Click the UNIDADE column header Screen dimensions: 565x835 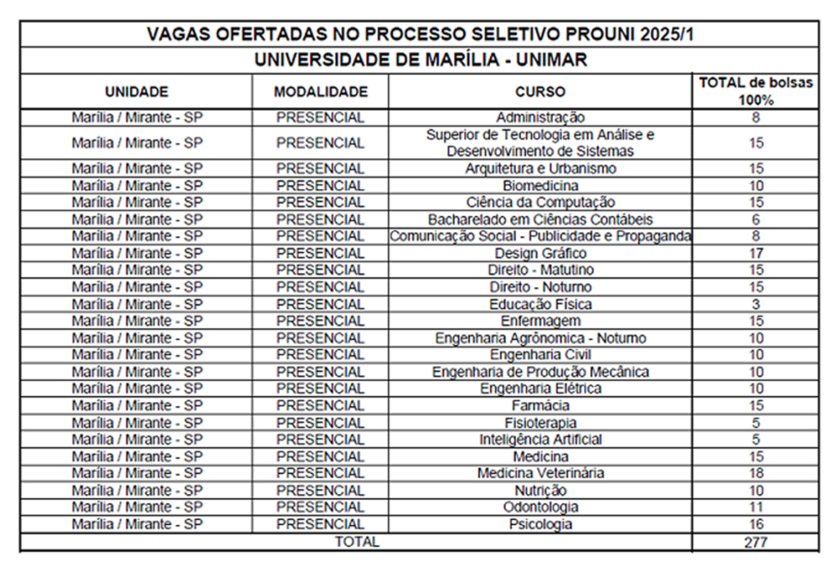(x=136, y=91)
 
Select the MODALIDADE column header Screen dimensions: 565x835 (x=320, y=91)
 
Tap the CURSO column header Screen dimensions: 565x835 (x=540, y=91)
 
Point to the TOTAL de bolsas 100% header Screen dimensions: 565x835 (x=756, y=91)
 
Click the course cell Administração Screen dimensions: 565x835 (x=540, y=117)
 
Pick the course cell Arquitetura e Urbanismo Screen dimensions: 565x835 (x=540, y=169)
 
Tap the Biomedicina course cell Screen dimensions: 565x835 (x=540, y=186)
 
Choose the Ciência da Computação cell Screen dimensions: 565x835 (x=540, y=202)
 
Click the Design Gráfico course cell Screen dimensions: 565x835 (x=540, y=254)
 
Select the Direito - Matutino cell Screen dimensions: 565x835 (x=540, y=270)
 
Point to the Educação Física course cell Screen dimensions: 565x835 (x=540, y=304)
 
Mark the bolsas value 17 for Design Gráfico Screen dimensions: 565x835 (x=756, y=254)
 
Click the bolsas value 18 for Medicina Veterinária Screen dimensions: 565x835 (x=756, y=474)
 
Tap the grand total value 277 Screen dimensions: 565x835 (x=756, y=541)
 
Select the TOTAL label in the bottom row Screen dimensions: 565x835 (x=357, y=541)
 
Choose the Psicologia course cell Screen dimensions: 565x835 (x=540, y=524)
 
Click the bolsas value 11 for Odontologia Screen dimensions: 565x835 (x=756, y=507)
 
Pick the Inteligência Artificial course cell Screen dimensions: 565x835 (x=540, y=439)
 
